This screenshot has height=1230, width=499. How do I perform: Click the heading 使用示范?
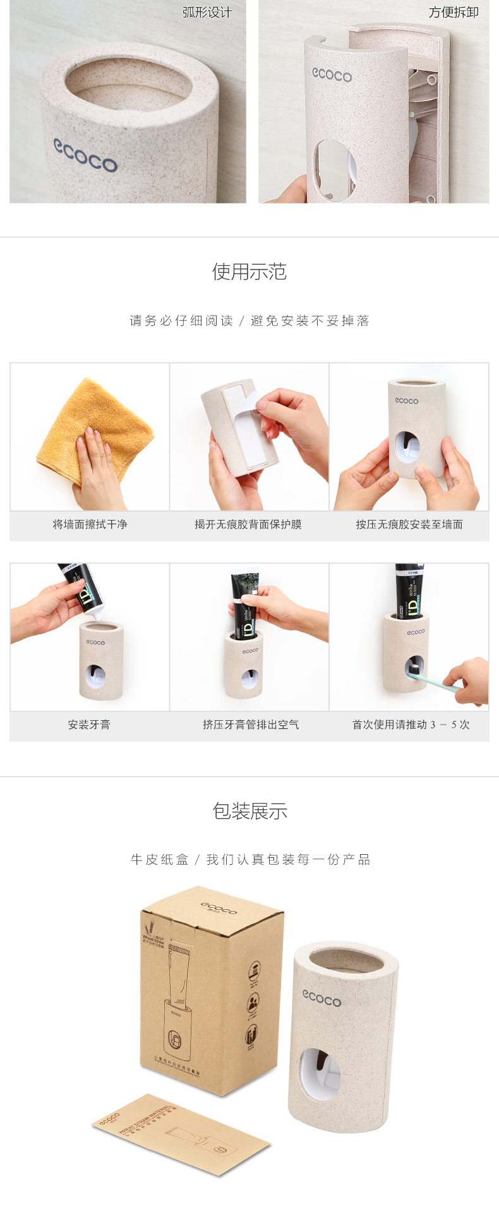click(249, 272)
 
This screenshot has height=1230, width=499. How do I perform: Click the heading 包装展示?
click(249, 811)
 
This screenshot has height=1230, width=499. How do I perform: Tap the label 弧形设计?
click(207, 13)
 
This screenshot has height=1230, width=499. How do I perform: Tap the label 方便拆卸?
click(454, 13)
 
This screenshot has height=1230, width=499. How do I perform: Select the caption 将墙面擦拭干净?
click(90, 524)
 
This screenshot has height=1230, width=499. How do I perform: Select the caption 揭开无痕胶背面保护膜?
click(248, 524)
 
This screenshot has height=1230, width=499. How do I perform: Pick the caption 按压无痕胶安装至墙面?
click(409, 524)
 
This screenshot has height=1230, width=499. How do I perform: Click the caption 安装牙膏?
click(89, 725)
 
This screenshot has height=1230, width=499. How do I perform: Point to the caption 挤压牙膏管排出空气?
click(251, 725)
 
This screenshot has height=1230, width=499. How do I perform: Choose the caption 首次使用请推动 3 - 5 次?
click(411, 725)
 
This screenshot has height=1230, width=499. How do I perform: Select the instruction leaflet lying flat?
click(181, 1134)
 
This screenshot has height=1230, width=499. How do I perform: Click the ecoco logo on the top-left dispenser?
click(85, 155)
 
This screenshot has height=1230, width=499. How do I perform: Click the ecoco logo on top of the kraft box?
click(219, 908)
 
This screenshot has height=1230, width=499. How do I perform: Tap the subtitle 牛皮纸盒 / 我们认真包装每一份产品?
click(250, 860)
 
